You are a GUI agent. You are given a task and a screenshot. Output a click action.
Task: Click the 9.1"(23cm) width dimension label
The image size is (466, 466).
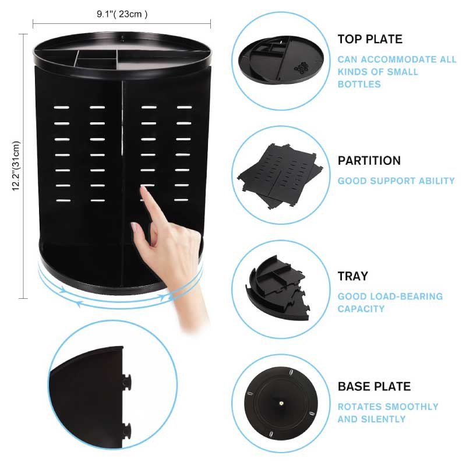(x=122, y=14)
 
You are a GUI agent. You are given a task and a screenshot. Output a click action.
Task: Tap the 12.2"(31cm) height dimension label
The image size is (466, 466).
(x=16, y=166)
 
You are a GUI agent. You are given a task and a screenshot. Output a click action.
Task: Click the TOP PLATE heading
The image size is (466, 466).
(x=370, y=39)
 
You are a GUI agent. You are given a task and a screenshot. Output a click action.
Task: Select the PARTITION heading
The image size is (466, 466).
(x=369, y=161)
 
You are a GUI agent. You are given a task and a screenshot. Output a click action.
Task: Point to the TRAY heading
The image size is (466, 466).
(x=353, y=276)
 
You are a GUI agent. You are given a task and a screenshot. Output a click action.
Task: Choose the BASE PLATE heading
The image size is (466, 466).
(x=374, y=386)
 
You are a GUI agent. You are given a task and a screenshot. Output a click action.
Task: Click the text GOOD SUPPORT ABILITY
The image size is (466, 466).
(x=396, y=181)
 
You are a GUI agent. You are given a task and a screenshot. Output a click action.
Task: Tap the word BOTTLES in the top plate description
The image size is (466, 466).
(x=359, y=84)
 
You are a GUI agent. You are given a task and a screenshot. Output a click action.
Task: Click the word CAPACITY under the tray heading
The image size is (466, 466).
(x=361, y=309)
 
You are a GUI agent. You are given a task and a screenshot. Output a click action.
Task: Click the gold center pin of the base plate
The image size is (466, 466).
(x=281, y=404)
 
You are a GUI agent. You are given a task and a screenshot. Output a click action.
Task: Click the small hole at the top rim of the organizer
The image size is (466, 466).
(x=122, y=38)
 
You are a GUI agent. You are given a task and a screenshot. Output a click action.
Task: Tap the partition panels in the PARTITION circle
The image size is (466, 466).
(x=280, y=176)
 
